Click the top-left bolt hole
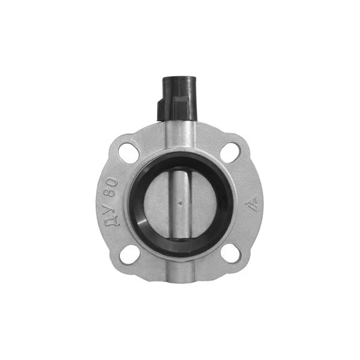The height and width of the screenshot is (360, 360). point(128,153)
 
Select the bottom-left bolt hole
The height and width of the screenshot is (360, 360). point(128,254)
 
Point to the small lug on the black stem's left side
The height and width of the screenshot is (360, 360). point(161,109)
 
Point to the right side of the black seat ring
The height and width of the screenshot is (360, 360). point(226,204)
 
